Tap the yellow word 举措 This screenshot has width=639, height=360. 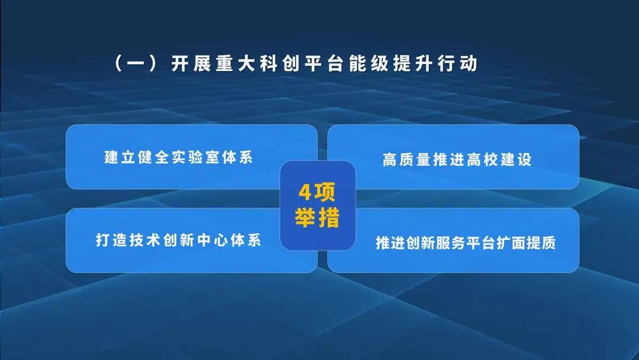[318, 218]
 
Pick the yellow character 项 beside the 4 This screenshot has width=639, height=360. [325, 194]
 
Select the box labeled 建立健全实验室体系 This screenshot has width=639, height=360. [191, 157]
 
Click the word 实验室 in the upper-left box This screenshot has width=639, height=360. [195, 158]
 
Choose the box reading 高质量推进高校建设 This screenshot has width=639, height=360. [453, 157]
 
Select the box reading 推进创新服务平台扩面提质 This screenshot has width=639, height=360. [453, 240]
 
